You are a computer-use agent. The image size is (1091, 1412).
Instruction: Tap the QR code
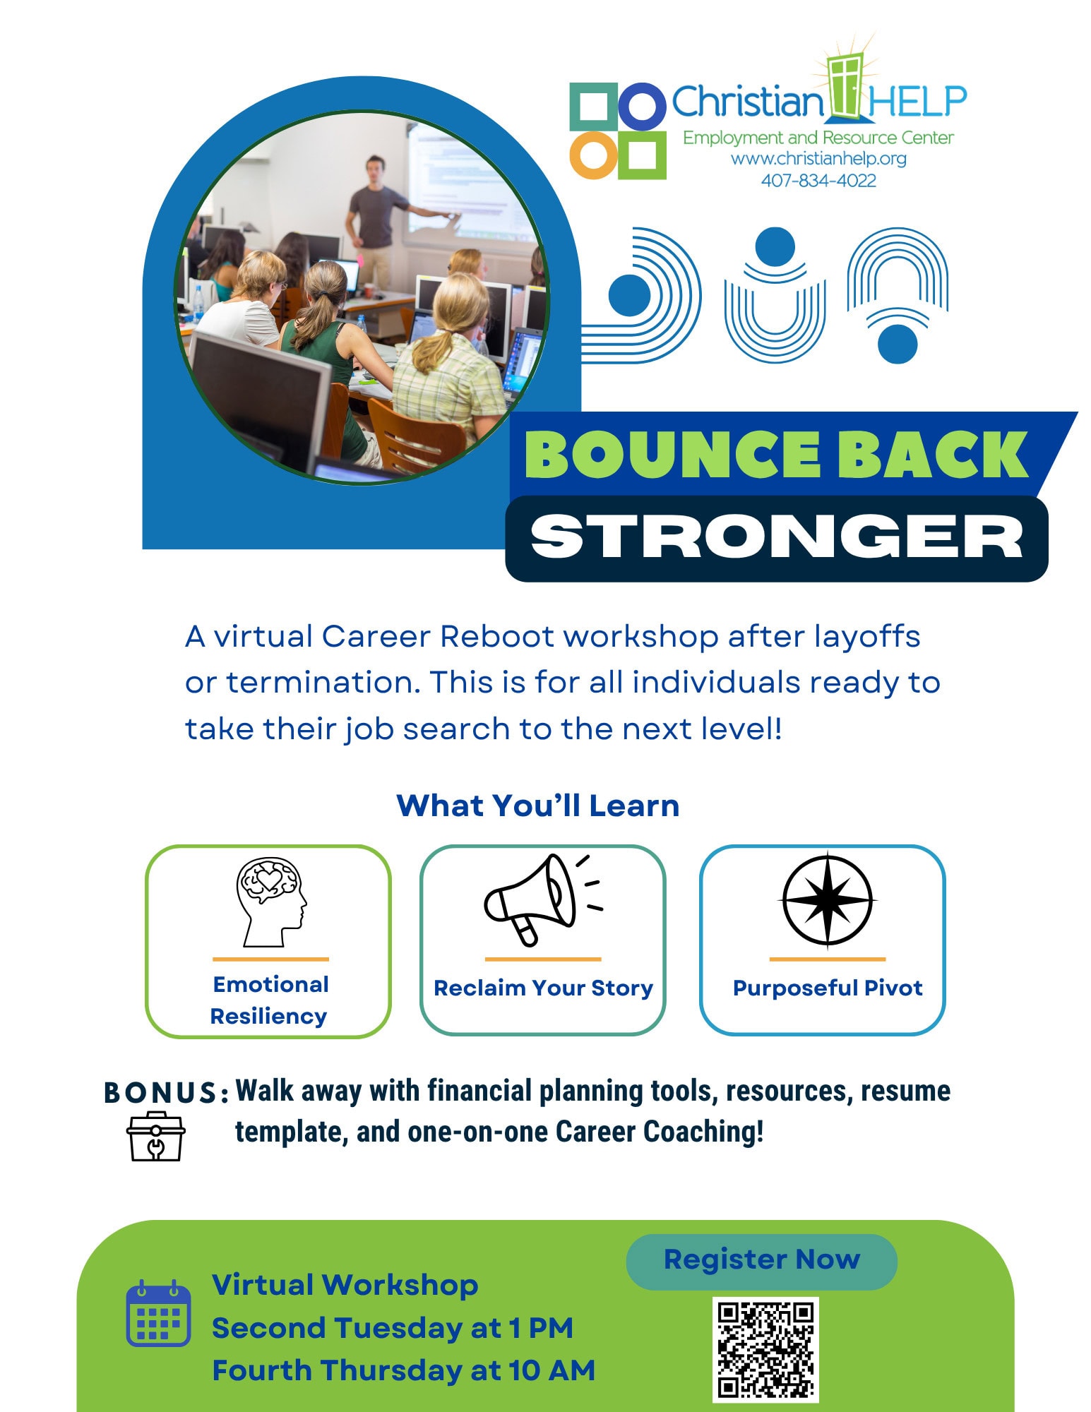point(765,1349)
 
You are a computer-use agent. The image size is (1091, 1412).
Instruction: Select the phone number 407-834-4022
point(818,181)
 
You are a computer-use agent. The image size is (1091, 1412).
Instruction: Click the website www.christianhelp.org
point(818,159)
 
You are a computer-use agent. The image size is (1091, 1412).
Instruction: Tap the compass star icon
point(827,899)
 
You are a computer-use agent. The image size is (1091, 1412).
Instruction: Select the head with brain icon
point(271,902)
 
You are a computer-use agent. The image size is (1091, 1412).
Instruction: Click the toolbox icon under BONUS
point(156,1136)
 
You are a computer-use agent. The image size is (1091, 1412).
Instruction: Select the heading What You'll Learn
point(538,806)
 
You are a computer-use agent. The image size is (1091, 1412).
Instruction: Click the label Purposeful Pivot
point(828,988)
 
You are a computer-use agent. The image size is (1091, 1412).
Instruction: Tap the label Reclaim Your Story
point(543,988)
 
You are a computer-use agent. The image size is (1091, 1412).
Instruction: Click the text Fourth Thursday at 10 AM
point(404,1370)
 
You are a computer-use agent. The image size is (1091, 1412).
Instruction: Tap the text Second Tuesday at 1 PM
point(393,1328)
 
